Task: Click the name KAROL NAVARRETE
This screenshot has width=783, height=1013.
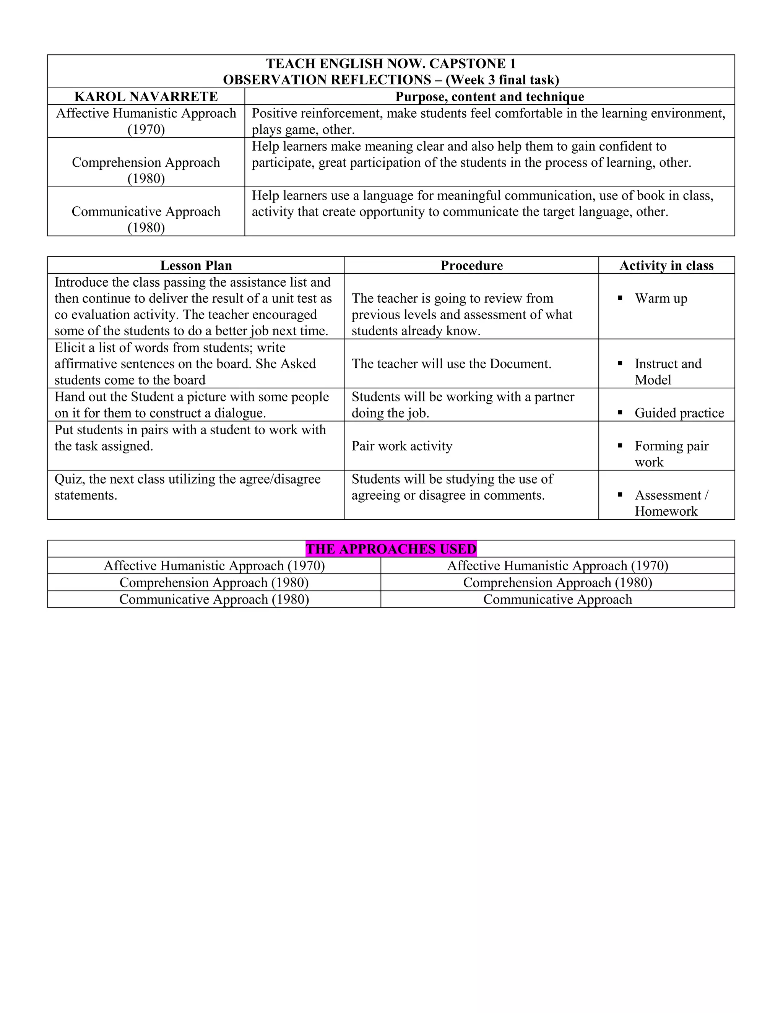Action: [146, 96]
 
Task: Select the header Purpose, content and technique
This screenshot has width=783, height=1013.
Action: [489, 96]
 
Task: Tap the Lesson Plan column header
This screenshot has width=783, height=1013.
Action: [196, 265]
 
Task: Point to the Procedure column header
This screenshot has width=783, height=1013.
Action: [471, 265]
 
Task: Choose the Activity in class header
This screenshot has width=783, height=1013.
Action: [666, 265]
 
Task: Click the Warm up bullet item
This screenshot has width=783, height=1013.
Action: [661, 298]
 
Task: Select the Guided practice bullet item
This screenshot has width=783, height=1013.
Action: [679, 413]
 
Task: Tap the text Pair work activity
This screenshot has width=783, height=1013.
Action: [402, 446]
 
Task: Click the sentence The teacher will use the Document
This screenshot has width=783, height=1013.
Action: [452, 364]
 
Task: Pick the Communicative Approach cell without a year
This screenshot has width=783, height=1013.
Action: [557, 599]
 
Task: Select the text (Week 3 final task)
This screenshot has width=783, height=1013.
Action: [502, 80]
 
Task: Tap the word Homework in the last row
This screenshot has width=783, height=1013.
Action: [666, 511]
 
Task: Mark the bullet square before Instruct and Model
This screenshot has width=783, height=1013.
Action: [620, 364]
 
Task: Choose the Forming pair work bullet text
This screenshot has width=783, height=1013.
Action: [671, 454]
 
